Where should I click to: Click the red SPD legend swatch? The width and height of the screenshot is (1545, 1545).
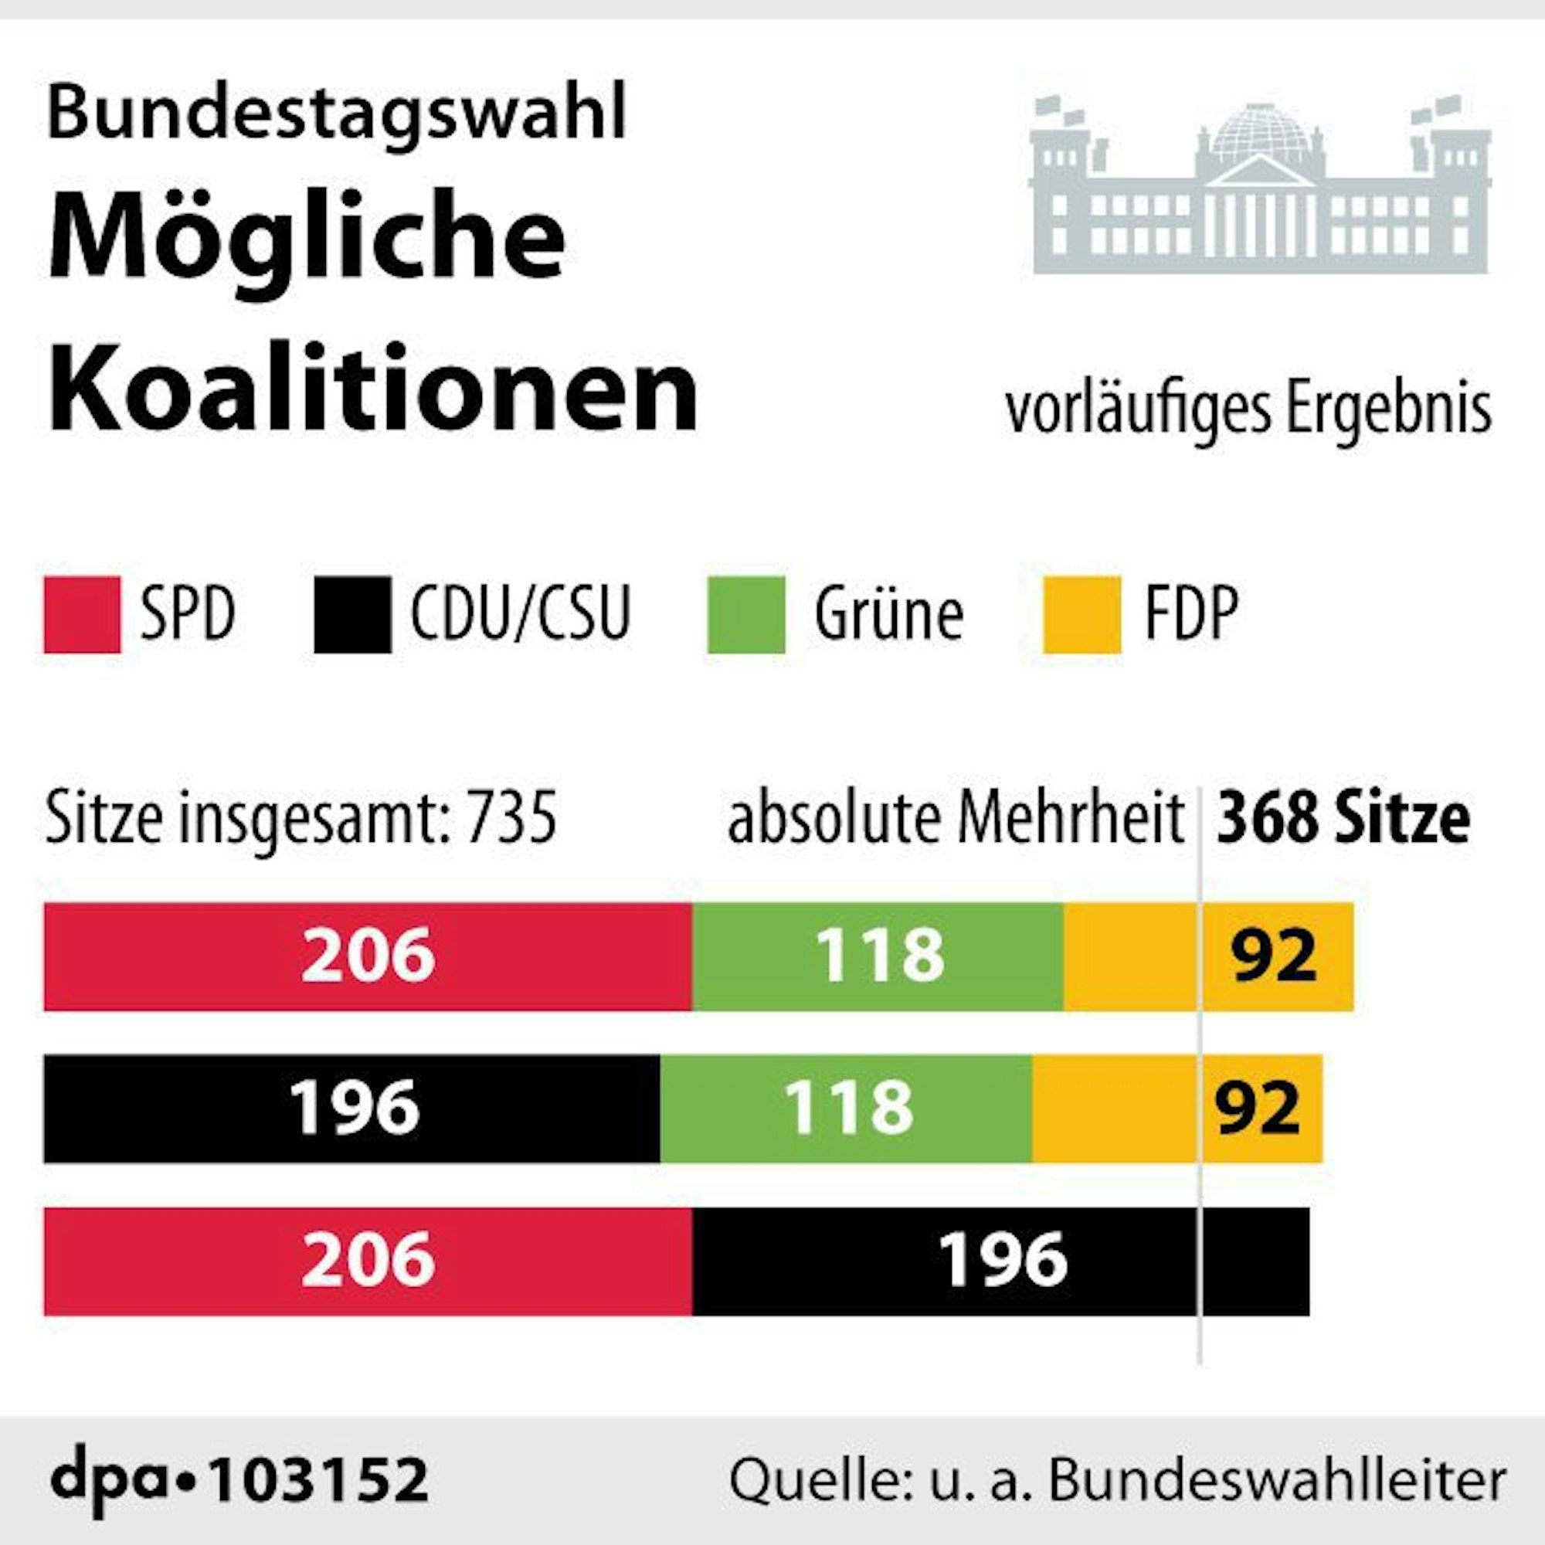(x=83, y=614)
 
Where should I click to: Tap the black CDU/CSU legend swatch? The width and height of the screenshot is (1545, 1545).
(x=353, y=614)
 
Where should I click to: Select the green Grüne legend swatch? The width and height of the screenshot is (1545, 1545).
(x=746, y=614)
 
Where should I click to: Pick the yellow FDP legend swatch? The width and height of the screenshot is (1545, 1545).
(x=1082, y=614)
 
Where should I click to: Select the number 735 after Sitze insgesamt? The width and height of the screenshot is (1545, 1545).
(x=512, y=818)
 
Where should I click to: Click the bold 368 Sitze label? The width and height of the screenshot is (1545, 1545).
(x=1343, y=818)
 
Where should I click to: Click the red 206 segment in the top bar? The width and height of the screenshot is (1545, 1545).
(x=368, y=956)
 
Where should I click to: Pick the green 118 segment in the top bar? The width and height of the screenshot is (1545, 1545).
(x=878, y=956)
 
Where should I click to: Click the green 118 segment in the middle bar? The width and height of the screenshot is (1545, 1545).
(x=847, y=1109)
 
